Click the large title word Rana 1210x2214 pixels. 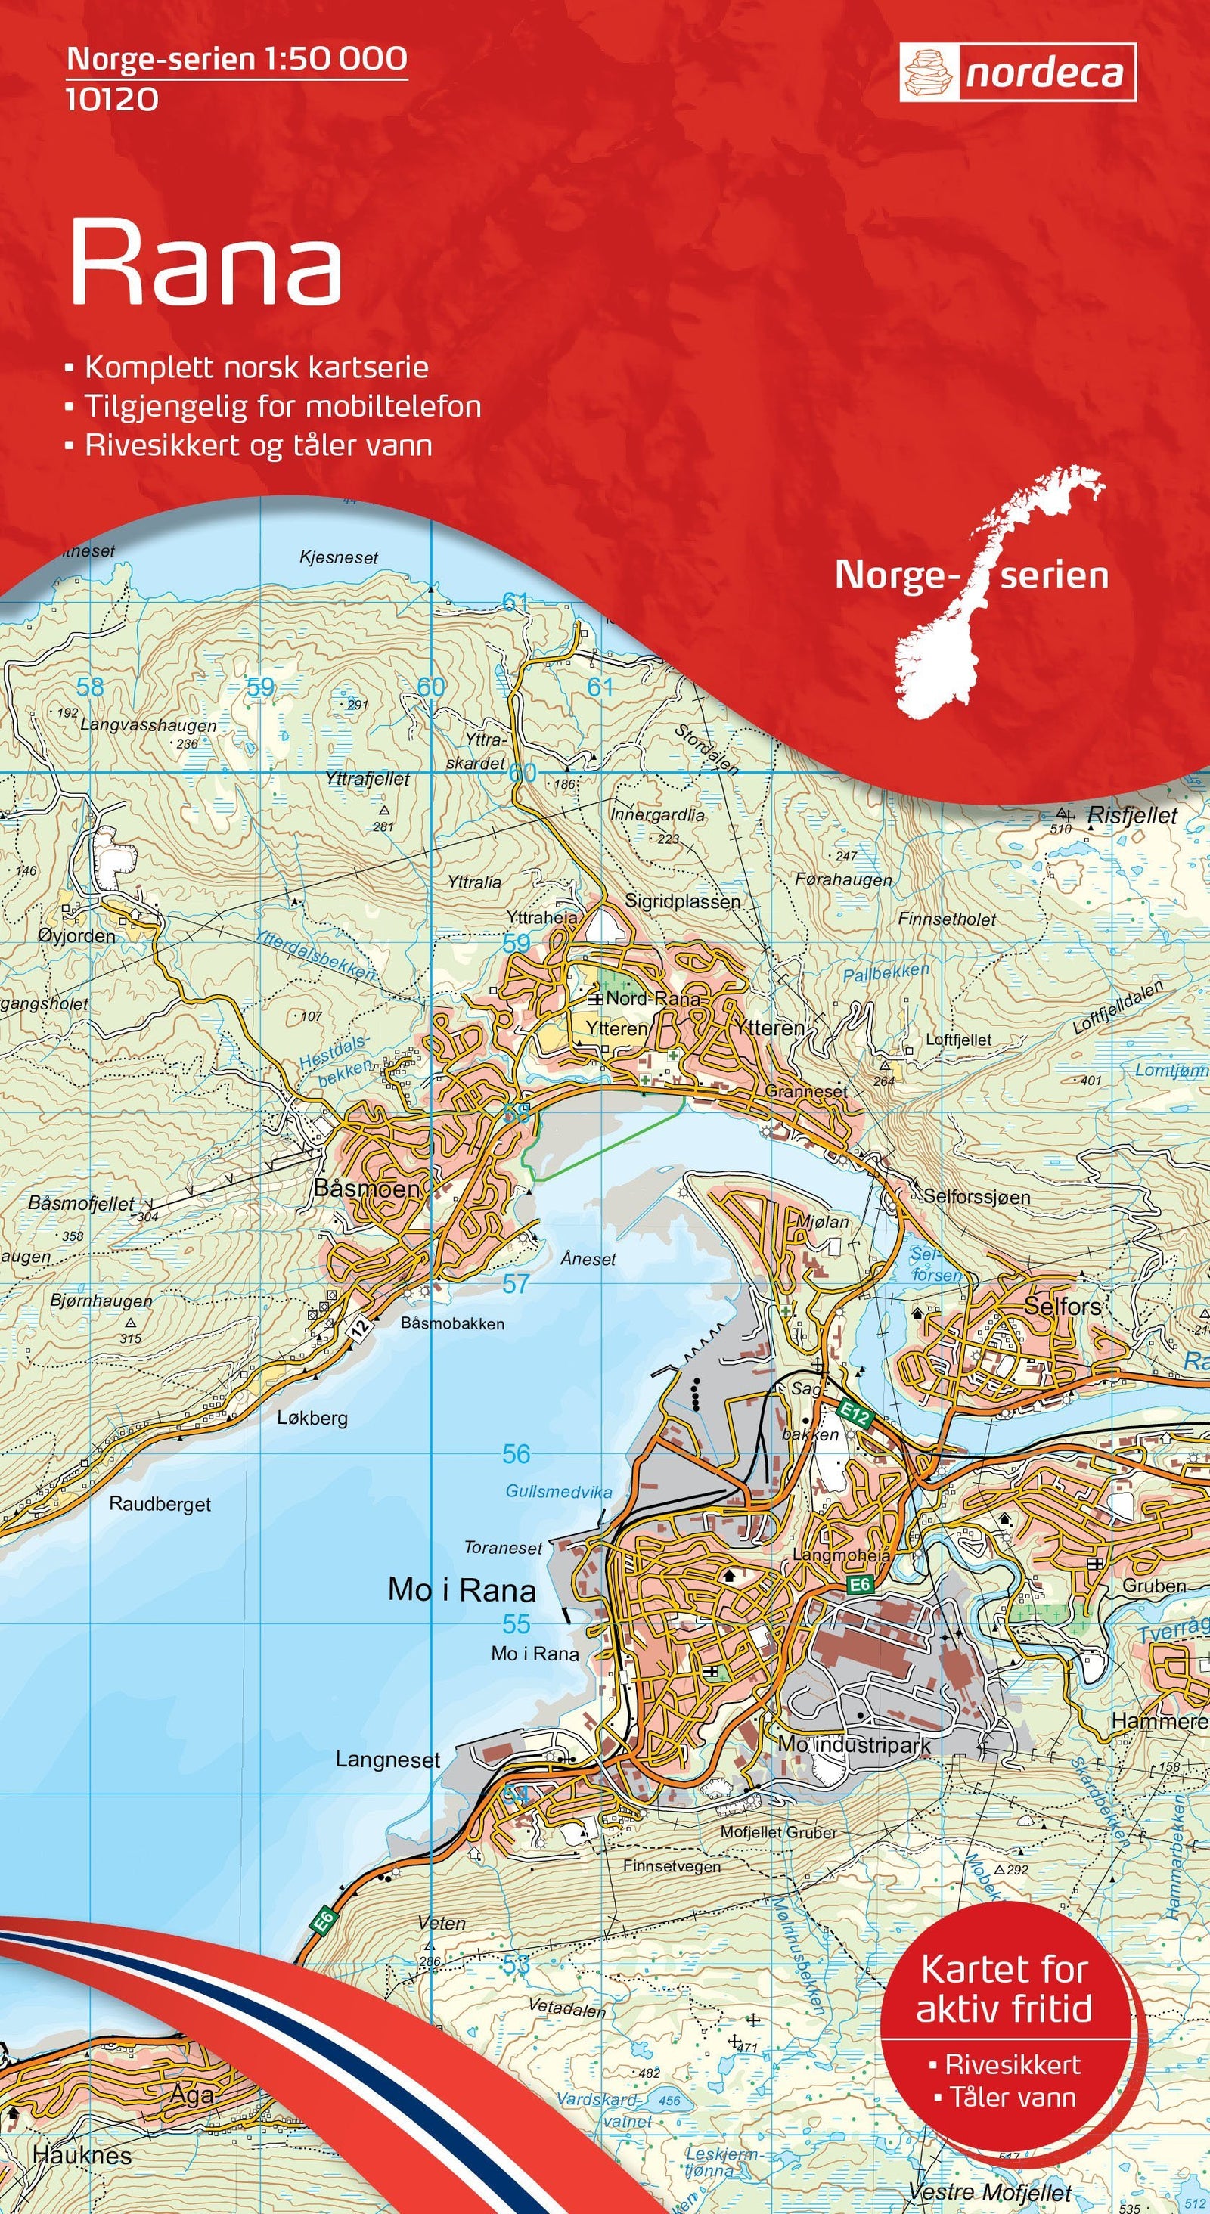(206, 262)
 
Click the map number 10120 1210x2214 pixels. (112, 100)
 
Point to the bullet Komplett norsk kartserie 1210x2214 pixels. (256, 367)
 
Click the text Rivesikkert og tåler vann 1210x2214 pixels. (258, 445)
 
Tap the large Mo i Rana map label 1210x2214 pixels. (461, 1589)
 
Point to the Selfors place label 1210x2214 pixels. (1063, 1307)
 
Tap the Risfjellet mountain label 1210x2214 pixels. (1132, 816)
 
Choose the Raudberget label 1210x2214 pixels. (160, 1504)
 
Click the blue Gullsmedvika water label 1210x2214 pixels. (559, 1491)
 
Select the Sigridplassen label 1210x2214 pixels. (682, 901)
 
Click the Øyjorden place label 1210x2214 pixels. (77, 936)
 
